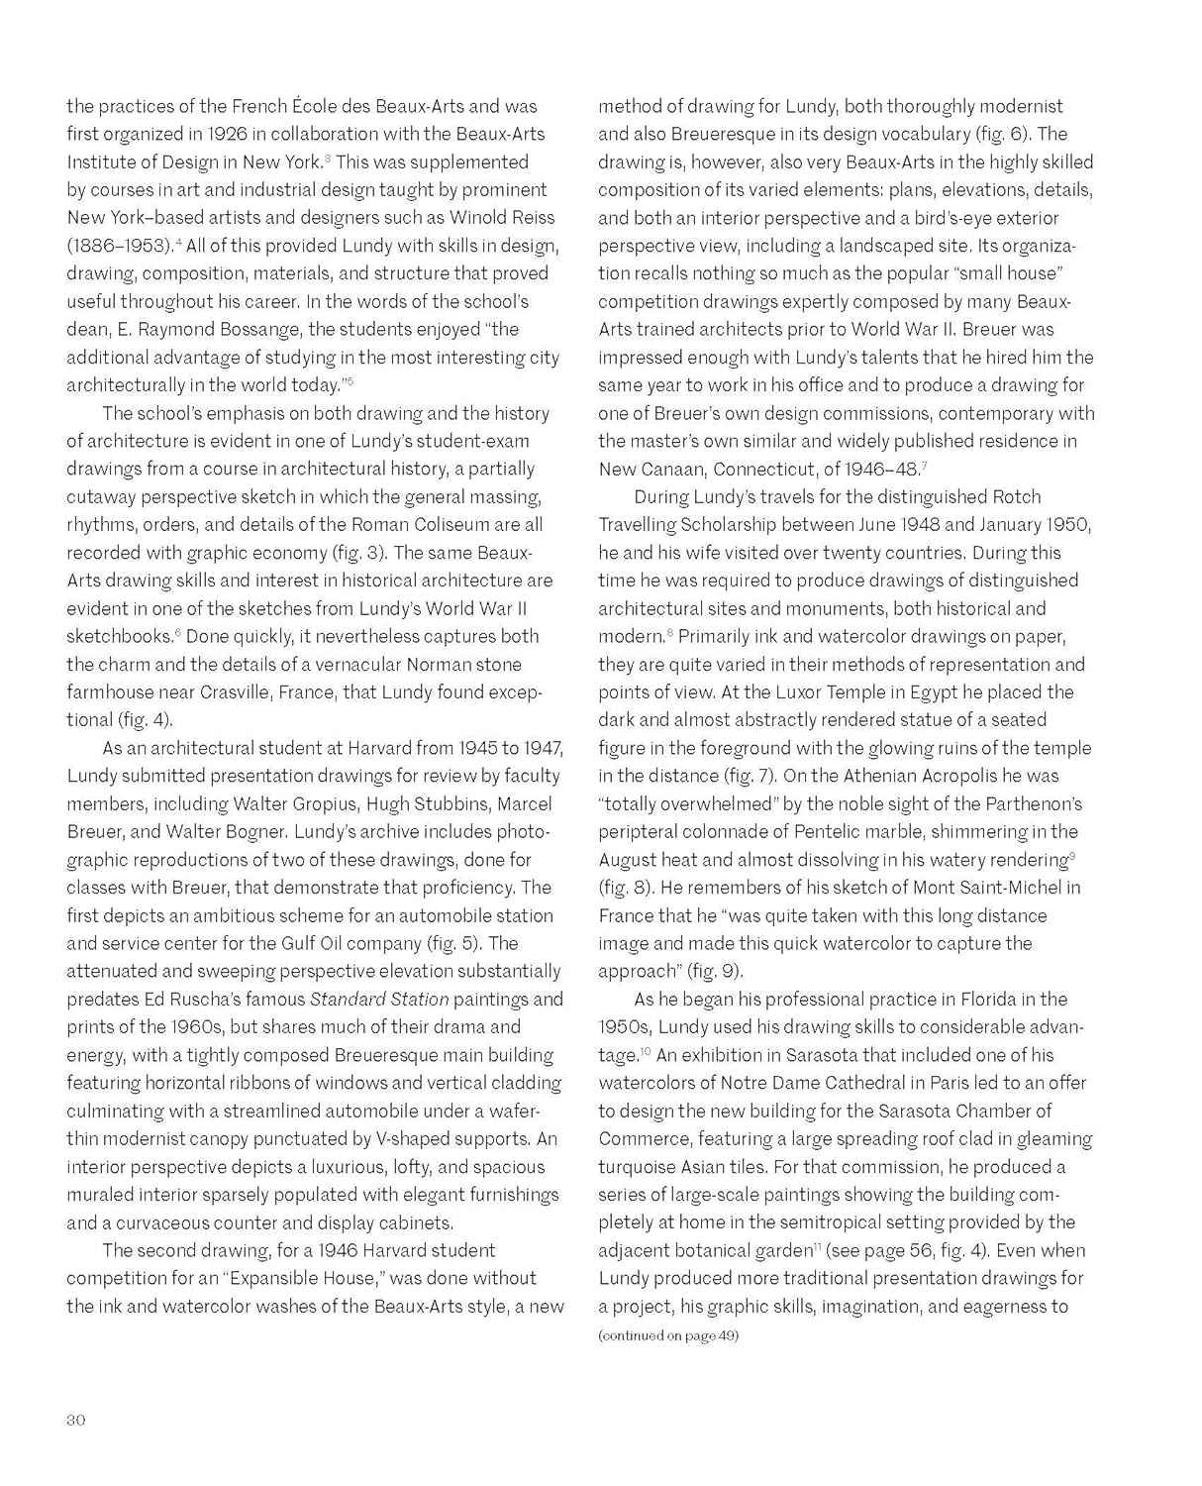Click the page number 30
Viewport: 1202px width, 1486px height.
click(x=76, y=1420)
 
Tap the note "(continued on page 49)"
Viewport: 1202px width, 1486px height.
click(x=668, y=1335)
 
